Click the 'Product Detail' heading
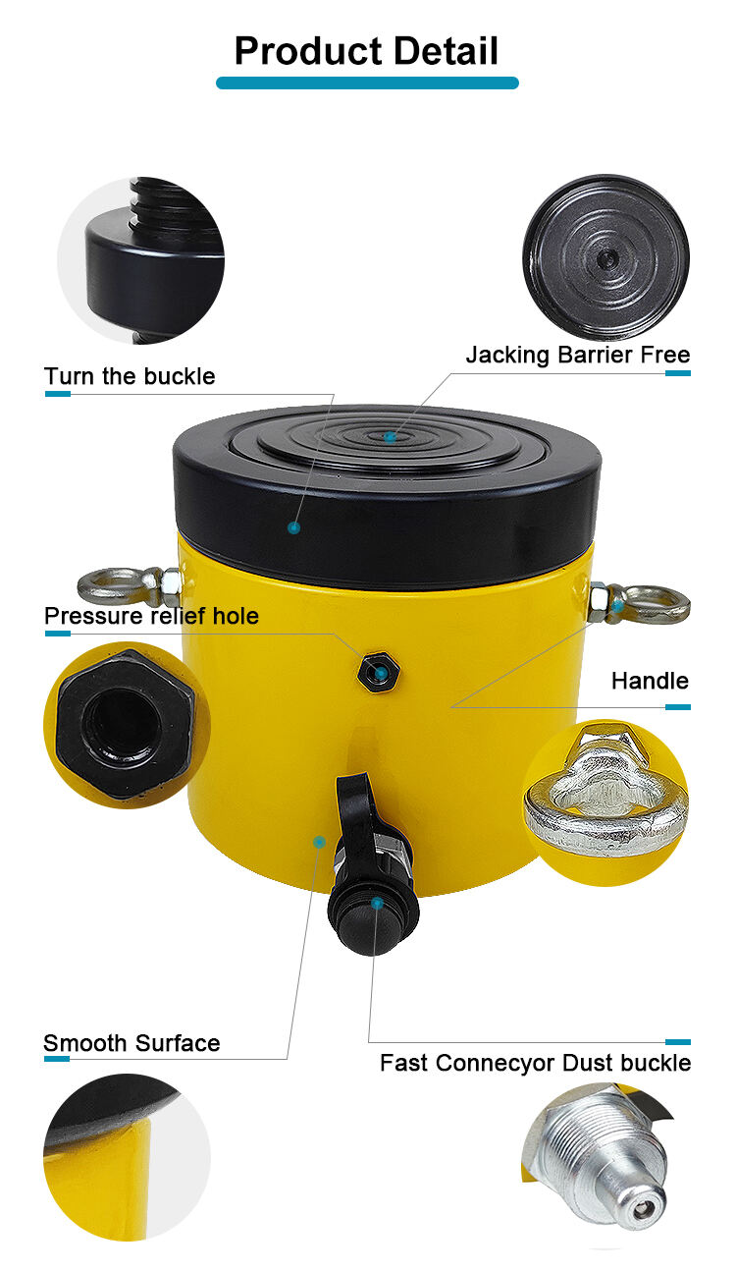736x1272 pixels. click(367, 51)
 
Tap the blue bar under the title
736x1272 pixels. click(367, 83)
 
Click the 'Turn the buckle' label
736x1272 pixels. click(130, 376)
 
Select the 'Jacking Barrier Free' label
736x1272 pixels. click(578, 355)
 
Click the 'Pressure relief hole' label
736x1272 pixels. click(151, 616)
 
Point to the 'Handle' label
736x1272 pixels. click(650, 681)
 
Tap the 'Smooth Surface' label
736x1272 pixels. click(131, 1044)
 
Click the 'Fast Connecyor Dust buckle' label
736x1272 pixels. click(535, 1063)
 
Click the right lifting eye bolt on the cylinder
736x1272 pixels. click(640, 604)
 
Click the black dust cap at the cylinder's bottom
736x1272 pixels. click(373, 916)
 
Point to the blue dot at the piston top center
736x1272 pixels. click(390, 437)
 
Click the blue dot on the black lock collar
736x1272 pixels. click(294, 528)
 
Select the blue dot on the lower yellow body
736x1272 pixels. click(320, 842)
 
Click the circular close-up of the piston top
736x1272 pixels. click(606, 257)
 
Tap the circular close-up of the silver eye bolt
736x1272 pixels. click(605, 802)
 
